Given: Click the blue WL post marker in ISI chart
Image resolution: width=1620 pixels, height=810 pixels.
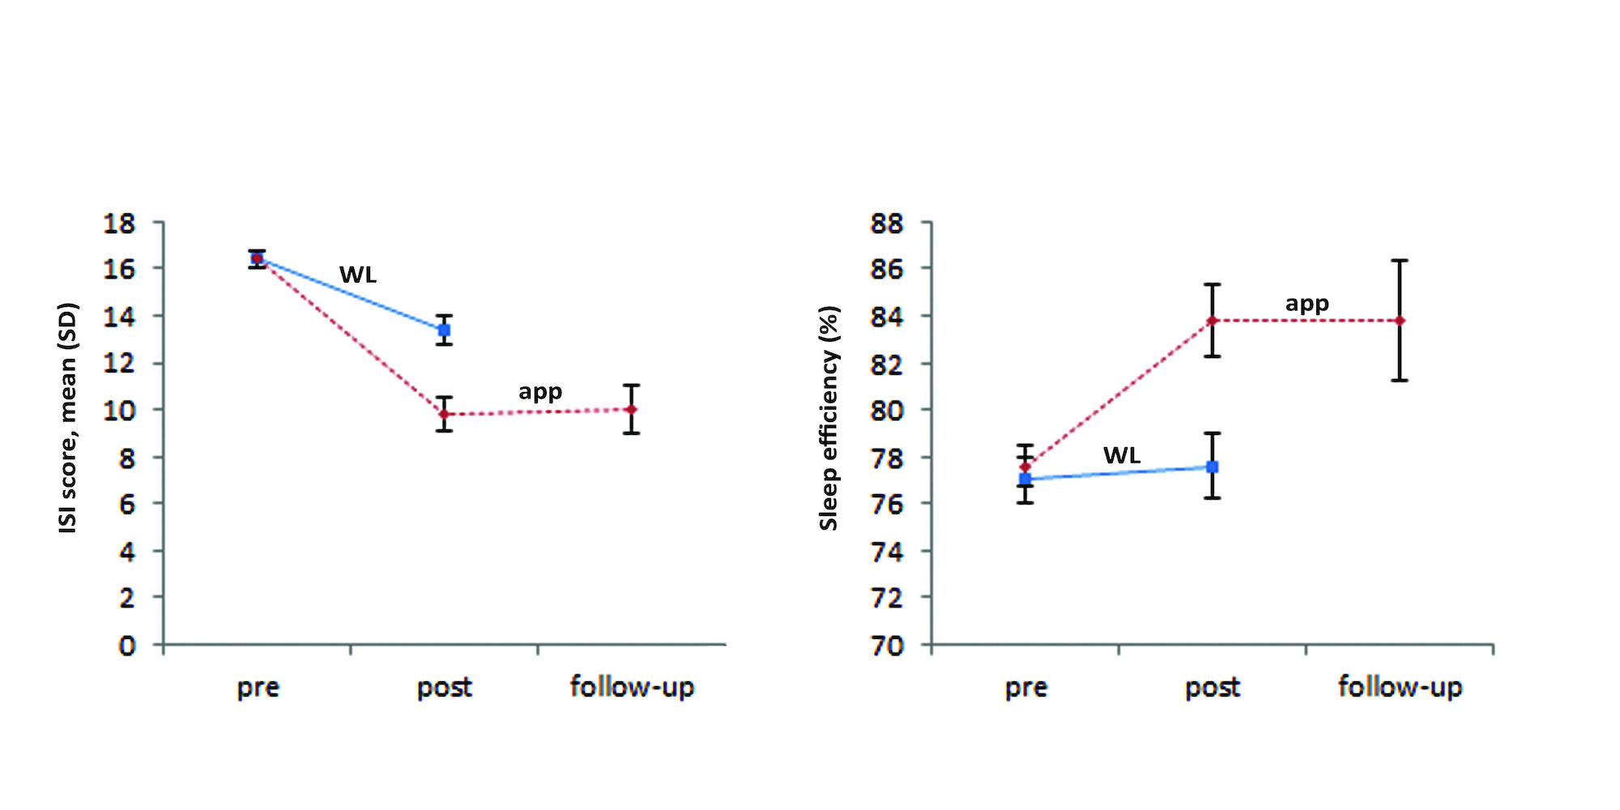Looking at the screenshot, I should pyautogui.click(x=444, y=330).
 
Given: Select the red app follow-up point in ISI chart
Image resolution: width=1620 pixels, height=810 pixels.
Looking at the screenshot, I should pyautogui.click(x=632, y=409).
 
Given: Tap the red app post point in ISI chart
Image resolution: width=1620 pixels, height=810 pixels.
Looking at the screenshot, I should pyautogui.click(x=444, y=414).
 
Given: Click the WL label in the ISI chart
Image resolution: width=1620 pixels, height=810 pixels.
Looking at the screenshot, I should pyautogui.click(x=358, y=275).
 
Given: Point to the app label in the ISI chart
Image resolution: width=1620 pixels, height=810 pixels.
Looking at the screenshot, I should pyautogui.click(x=540, y=392).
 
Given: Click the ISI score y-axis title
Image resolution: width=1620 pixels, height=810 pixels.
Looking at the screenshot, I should pyautogui.click(x=68, y=418).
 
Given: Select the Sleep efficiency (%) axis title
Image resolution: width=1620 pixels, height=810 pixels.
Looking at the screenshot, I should pyautogui.click(x=829, y=418).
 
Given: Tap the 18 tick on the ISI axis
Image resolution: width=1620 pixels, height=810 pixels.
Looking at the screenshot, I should pyautogui.click(x=119, y=223).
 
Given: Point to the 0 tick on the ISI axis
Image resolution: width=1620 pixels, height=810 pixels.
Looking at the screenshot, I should pyautogui.click(x=127, y=646).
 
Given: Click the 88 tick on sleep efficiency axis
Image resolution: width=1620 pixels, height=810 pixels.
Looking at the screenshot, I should pyautogui.click(x=887, y=223).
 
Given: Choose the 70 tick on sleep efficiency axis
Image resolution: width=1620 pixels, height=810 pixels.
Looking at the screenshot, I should pyautogui.click(x=887, y=646).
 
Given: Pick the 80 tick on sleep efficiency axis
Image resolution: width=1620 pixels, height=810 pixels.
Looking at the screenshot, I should pyautogui.click(x=887, y=410).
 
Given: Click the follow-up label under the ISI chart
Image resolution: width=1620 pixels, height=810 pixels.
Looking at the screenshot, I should pyautogui.click(x=632, y=687).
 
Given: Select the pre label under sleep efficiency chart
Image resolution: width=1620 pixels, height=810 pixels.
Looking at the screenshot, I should pyautogui.click(x=1025, y=688).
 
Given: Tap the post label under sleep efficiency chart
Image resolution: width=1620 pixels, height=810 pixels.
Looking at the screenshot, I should pyautogui.click(x=1212, y=688).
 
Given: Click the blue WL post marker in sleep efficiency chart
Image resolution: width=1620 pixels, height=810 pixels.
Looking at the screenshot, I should pyautogui.click(x=1212, y=467).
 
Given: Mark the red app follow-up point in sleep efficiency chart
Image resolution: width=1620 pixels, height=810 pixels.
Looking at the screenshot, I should pyautogui.click(x=1400, y=321).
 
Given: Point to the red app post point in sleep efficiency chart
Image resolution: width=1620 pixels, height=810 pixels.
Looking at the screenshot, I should pyautogui.click(x=1212, y=321).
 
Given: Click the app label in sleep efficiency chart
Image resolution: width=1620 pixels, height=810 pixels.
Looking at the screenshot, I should pyautogui.click(x=1307, y=305).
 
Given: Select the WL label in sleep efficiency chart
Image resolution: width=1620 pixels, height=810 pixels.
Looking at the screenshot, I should pyautogui.click(x=1122, y=455).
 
